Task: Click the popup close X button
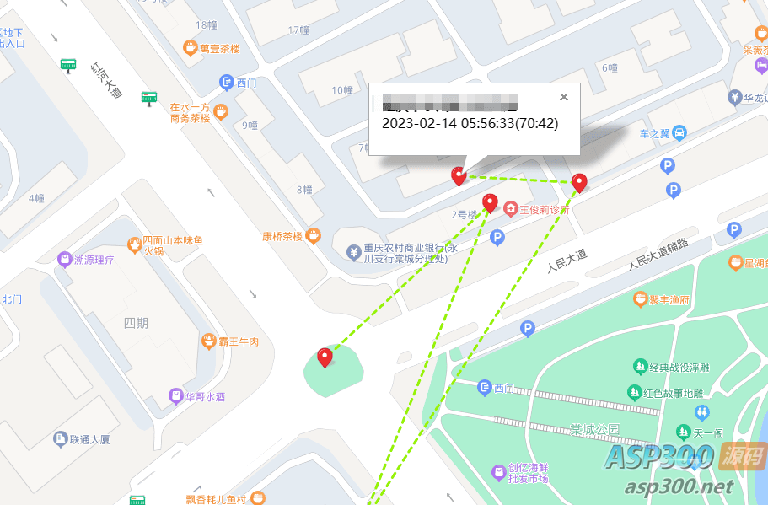564,97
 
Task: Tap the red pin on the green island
325,357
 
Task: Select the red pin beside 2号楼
490,202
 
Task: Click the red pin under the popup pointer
459,175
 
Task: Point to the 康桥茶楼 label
282,236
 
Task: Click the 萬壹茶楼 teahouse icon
191,48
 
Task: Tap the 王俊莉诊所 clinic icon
511,208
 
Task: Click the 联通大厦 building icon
60,438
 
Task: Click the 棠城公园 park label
594,429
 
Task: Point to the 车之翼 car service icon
679,132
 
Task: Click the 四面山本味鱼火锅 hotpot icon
134,244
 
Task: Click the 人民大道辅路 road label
658,252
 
